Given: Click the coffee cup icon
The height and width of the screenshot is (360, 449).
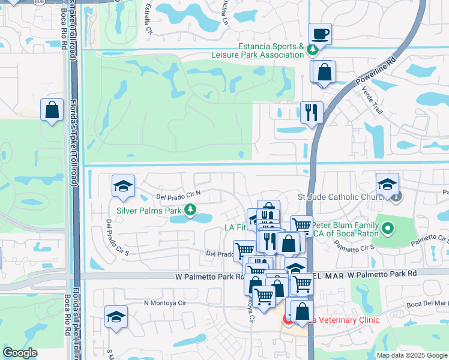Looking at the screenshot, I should (321, 34).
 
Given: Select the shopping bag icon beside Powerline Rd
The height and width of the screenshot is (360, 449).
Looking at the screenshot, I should (324, 72).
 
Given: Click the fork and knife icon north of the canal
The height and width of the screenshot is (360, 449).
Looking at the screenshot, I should (312, 112).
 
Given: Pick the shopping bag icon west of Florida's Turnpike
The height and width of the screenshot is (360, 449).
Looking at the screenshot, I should (52, 110).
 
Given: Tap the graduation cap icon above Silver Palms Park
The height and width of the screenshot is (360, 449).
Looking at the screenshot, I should (123, 186).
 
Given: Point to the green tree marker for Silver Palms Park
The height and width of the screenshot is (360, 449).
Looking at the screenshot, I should (190, 209).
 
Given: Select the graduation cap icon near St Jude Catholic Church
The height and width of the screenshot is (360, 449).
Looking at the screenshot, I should (387, 184).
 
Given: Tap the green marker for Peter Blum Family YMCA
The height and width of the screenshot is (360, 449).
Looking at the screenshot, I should (388, 228).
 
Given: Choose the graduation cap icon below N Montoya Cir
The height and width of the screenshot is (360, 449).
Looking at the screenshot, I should (116, 317).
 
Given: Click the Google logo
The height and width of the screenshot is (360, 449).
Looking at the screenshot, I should (20, 353).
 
